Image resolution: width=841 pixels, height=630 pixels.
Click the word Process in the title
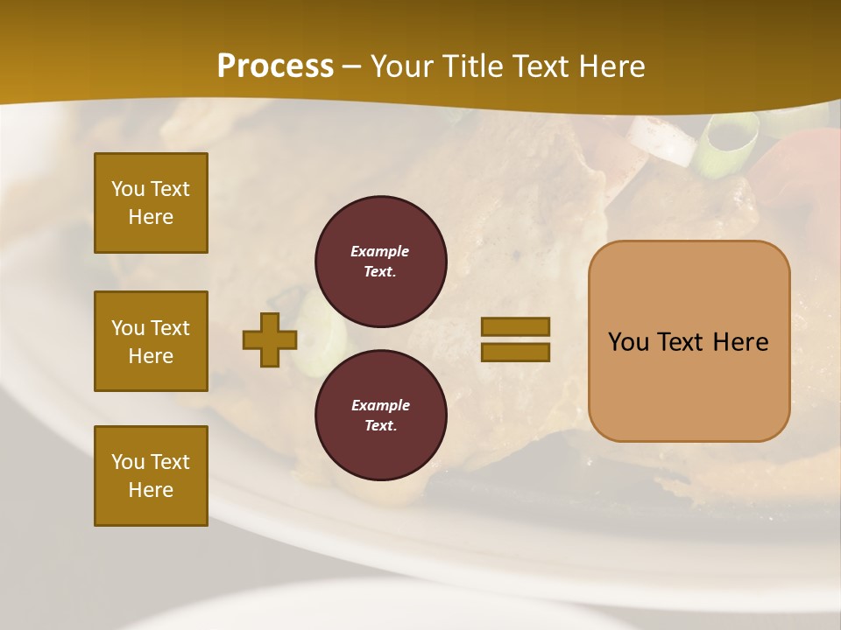click(x=275, y=66)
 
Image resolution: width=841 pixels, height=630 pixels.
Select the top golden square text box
click(x=151, y=203)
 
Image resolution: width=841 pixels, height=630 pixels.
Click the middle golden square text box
click(x=151, y=341)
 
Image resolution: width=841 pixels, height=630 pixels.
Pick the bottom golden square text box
click(x=151, y=476)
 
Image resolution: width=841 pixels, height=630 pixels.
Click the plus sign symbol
click(x=270, y=339)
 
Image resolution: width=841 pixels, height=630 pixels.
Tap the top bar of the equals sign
click(x=515, y=326)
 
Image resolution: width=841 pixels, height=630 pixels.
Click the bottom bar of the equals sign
click(x=515, y=353)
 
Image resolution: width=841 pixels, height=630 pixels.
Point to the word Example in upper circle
click(x=380, y=251)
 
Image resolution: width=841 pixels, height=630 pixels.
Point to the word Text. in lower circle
click(x=380, y=425)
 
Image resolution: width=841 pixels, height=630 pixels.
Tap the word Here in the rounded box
click(x=740, y=342)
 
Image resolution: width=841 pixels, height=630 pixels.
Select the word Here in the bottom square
click(x=151, y=490)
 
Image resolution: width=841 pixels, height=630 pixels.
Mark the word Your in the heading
click(x=400, y=66)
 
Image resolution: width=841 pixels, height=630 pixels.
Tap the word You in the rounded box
click(x=629, y=342)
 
